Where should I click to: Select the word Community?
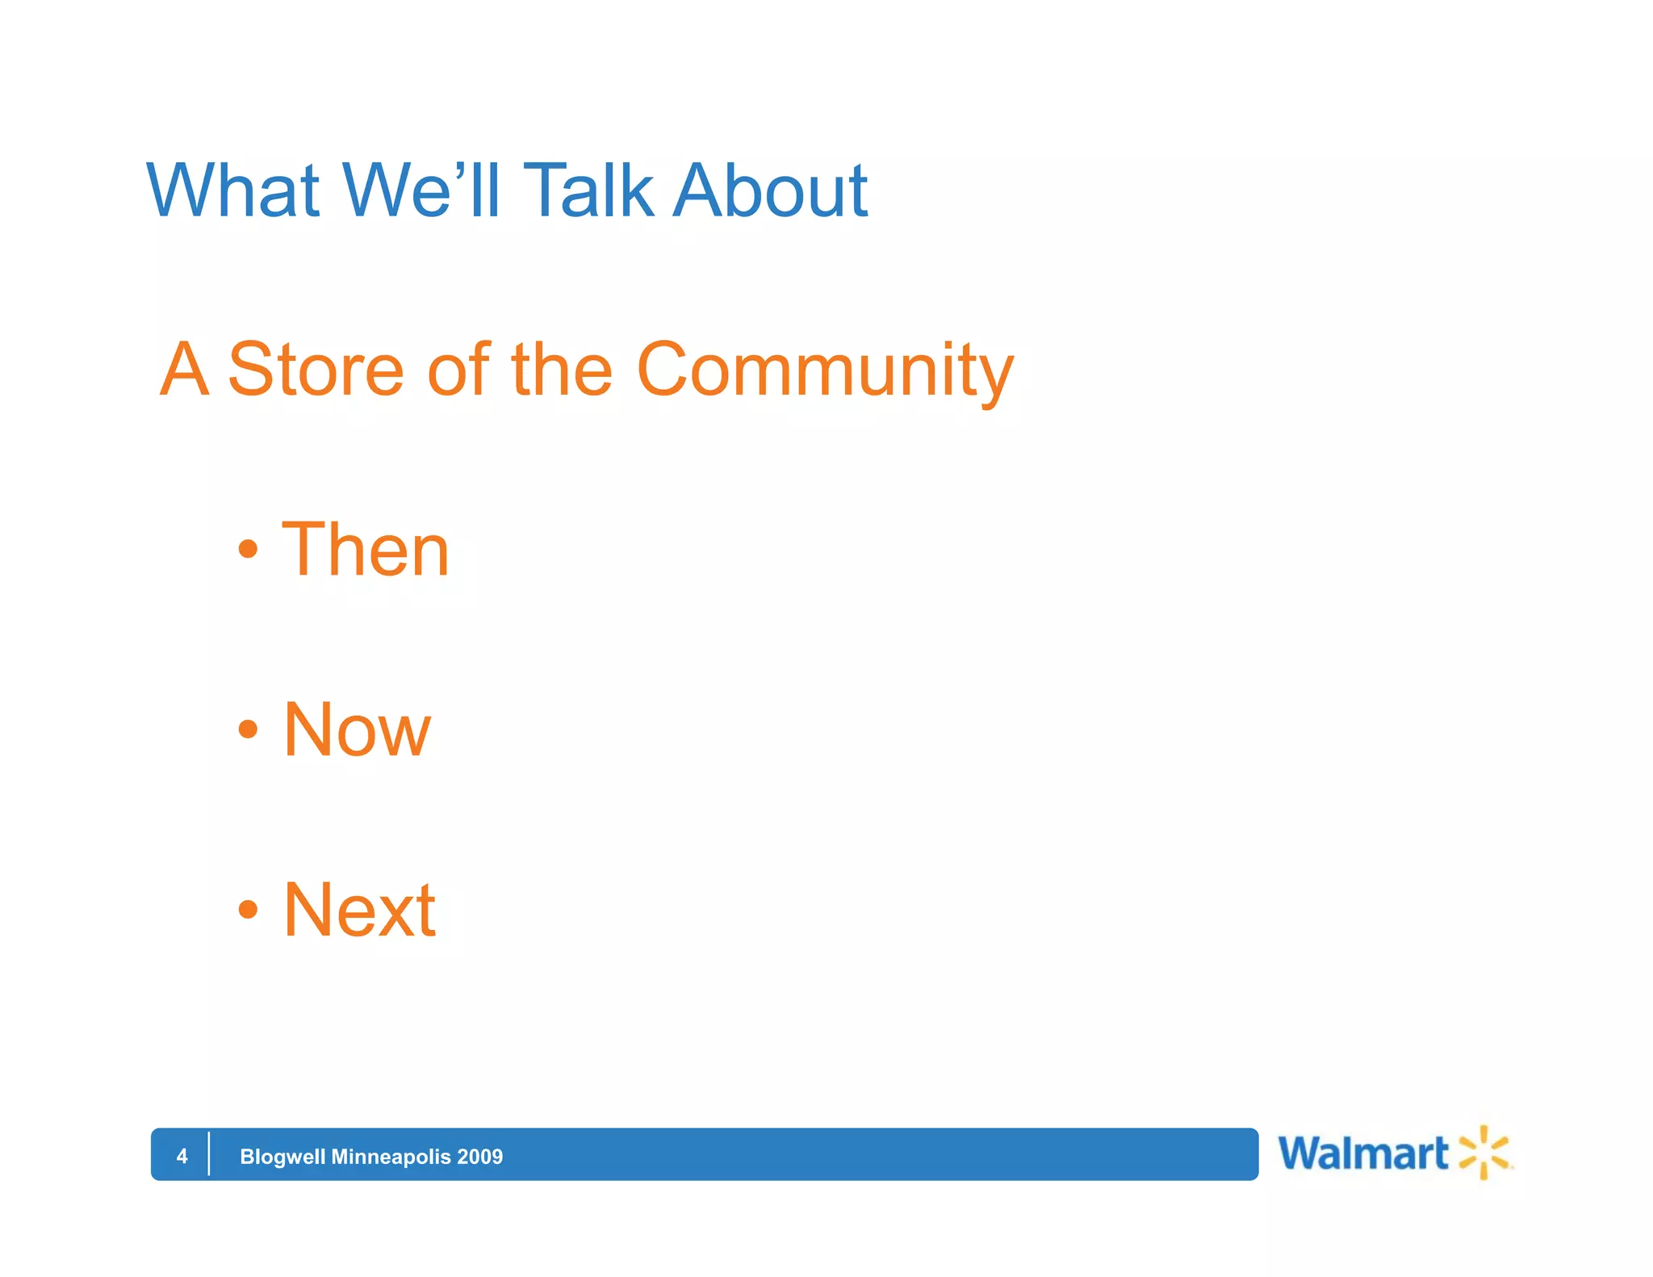[x=824, y=371]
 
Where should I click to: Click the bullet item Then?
[x=365, y=551]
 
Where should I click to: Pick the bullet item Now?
[x=357, y=731]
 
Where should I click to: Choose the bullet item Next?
[x=359, y=911]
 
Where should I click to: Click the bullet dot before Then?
[x=248, y=551]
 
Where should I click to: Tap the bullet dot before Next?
[x=248, y=911]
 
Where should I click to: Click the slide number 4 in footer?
[x=182, y=1157]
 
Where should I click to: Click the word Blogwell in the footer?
[x=282, y=1157]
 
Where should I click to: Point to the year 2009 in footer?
[x=479, y=1157]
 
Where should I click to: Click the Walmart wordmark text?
[x=1363, y=1153]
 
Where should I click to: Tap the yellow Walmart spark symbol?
[x=1484, y=1153]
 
